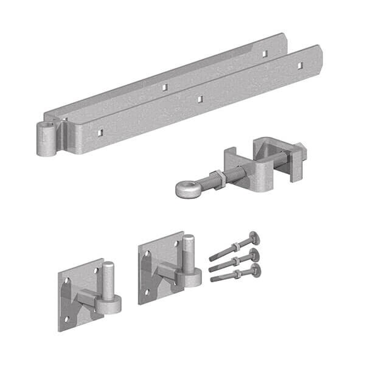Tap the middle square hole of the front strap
pos(199,96)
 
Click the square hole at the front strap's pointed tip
pos(299,64)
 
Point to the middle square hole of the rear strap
pos(164,87)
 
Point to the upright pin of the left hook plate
pos(108,279)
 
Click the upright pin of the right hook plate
pos(189,252)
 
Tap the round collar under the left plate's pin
pos(109,304)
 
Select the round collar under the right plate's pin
pos(190,279)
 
